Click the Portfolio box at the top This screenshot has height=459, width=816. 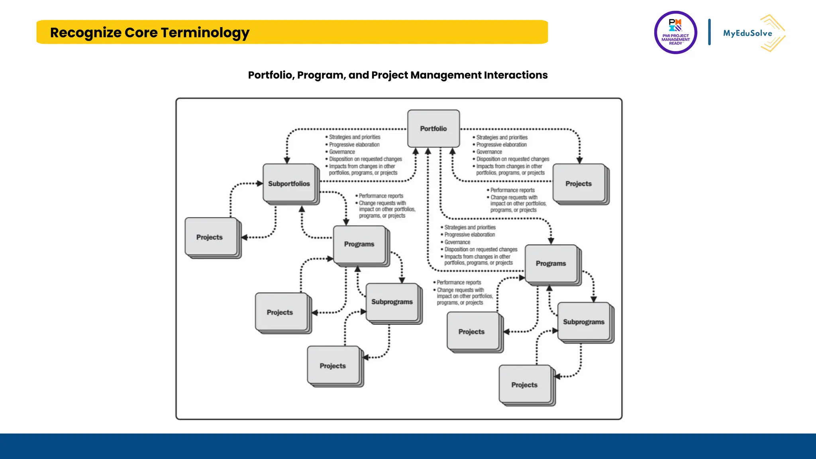pos(433,128)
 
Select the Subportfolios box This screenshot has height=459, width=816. pos(289,183)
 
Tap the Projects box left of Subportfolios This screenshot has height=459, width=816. pos(210,237)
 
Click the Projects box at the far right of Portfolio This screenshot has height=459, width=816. pos(579,183)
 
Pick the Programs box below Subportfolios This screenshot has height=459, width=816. pos(359,244)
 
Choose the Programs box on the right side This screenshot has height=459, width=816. pos(551,263)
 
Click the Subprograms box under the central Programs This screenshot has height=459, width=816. pos(392,302)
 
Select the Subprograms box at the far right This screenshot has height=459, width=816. pos(584,322)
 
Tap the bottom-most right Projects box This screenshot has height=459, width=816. pos(524,384)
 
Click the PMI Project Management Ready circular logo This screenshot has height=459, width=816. pos(675,33)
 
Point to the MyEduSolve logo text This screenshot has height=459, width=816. pos(747,33)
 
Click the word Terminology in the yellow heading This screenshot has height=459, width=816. pos(205,33)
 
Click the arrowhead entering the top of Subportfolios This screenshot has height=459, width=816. pos(287,160)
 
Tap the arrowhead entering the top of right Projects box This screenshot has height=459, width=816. pos(580,160)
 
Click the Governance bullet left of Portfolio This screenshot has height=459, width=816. pos(342,152)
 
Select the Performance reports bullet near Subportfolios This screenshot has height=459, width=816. pos(381,196)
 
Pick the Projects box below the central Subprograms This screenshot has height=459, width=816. pos(333,365)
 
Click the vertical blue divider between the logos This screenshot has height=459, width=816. pos(709,32)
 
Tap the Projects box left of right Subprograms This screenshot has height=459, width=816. pos(472,331)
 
